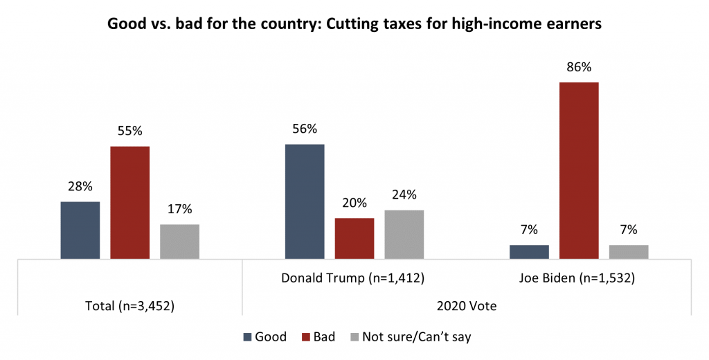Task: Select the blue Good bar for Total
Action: (80, 231)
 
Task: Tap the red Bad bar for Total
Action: (130, 203)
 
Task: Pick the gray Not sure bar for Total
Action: (179, 242)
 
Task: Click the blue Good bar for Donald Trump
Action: (305, 201)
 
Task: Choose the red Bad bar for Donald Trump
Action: (354, 239)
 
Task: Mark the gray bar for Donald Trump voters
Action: (404, 235)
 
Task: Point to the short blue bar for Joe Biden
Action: (529, 252)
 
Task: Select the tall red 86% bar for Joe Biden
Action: (579, 170)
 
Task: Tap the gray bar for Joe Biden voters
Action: (629, 252)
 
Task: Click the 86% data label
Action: (579, 68)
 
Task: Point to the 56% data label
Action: (305, 129)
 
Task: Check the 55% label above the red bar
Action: (130, 131)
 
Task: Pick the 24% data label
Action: (404, 195)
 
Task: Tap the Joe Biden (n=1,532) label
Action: (578, 278)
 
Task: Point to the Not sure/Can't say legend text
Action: (418, 337)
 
